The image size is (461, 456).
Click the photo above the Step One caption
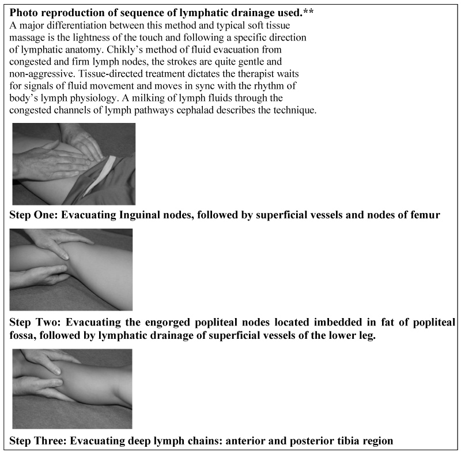[x=74, y=163]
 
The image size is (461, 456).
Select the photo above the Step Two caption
[x=71, y=270]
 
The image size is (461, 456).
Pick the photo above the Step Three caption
[x=71, y=388]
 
